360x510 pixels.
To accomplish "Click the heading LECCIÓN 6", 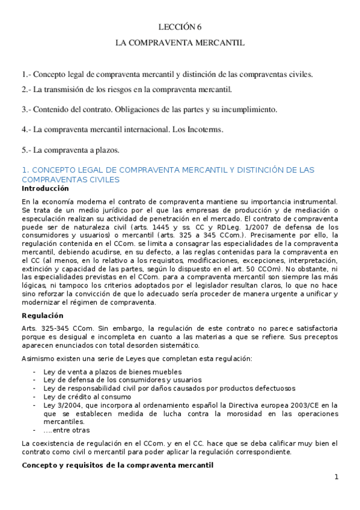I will point(180,27).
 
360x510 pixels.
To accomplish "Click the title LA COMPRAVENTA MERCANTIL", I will point(180,44).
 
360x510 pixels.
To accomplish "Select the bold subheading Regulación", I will point(43,315).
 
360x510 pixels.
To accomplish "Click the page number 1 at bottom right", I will point(337,477).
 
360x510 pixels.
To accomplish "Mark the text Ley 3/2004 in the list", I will point(59,405).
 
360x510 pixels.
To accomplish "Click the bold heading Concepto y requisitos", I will point(117,465).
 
